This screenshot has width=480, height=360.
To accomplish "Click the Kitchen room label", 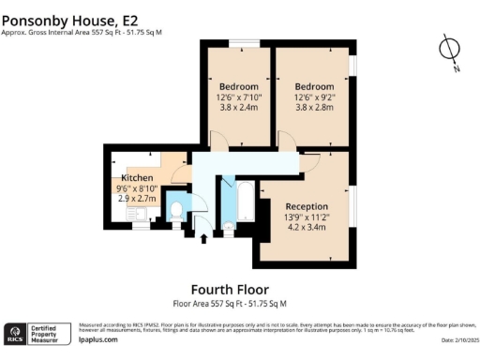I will [x=136, y=177].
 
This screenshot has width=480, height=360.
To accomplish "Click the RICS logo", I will [x=15, y=334].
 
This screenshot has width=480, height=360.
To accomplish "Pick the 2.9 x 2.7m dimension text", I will [x=136, y=198].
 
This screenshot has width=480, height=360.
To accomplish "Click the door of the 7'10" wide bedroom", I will [x=217, y=141].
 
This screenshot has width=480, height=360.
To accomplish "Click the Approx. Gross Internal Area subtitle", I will [x=82, y=32].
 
